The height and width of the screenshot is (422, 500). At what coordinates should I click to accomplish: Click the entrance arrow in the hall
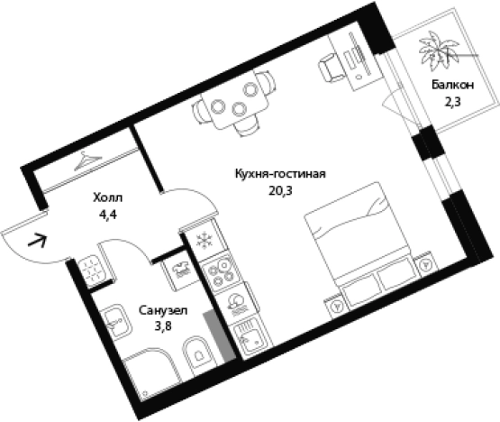[x=38, y=241]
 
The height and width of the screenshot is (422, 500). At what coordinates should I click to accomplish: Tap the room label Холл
[x=107, y=197]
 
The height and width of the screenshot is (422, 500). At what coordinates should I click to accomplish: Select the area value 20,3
[x=280, y=190]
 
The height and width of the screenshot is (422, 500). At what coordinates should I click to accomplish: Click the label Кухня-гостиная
[x=280, y=174]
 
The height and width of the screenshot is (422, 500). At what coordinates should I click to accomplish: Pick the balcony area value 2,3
[x=452, y=102]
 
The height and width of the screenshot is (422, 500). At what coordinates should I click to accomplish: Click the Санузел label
[x=163, y=310]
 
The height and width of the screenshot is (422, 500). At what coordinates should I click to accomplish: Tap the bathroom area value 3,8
[x=163, y=326]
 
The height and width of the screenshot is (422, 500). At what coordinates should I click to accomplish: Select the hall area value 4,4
[x=108, y=215]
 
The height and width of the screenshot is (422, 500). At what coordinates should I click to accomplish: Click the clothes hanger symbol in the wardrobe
[x=87, y=161]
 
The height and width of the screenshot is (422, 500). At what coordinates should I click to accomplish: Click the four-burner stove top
[x=221, y=271]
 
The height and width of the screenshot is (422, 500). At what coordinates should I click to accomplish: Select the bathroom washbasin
[x=114, y=322]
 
